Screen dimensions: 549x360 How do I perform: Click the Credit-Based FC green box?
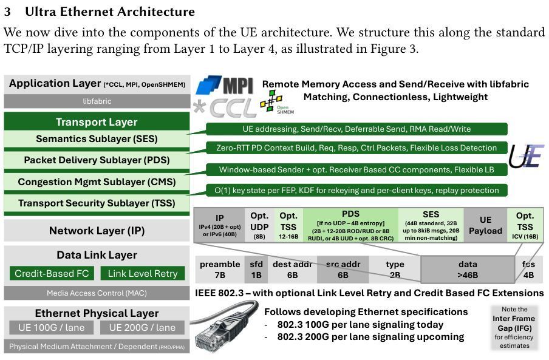[52, 273]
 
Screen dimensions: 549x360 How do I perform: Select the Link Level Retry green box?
[142, 273]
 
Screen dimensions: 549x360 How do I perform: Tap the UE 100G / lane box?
[52, 328]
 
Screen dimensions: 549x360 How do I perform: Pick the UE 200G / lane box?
[142, 328]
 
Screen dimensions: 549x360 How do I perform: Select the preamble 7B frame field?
[219, 270]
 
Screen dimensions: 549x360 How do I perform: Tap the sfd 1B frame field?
[255, 270]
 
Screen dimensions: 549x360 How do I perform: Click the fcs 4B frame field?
[528, 270]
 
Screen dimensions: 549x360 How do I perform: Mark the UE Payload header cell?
[485, 225]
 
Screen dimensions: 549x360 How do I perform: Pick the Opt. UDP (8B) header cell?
[259, 225]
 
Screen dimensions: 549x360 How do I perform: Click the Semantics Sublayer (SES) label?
[97, 139]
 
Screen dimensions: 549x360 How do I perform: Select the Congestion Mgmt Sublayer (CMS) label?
[97, 182]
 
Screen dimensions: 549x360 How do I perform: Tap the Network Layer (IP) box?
[97, 231]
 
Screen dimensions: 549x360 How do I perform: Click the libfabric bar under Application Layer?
[97, 101]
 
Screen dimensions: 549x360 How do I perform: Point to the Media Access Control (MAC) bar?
[97, 293]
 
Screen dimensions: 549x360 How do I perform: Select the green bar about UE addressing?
[356, 129]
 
